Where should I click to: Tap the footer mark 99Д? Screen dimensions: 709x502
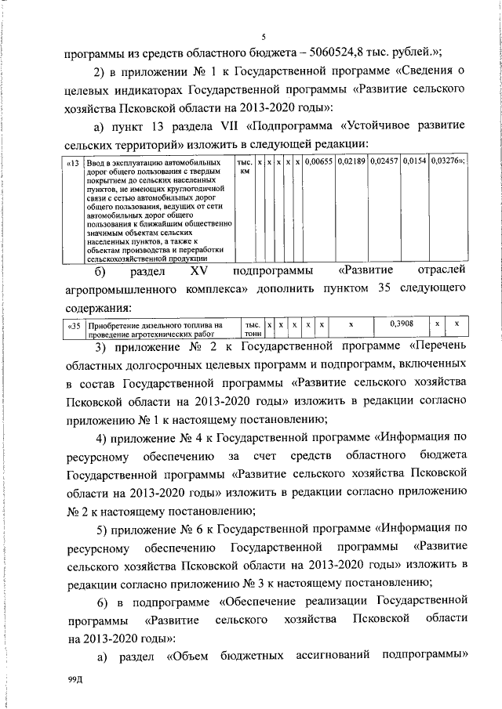tap(75, 682)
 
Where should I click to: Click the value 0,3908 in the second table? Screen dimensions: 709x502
tap(402, 324)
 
